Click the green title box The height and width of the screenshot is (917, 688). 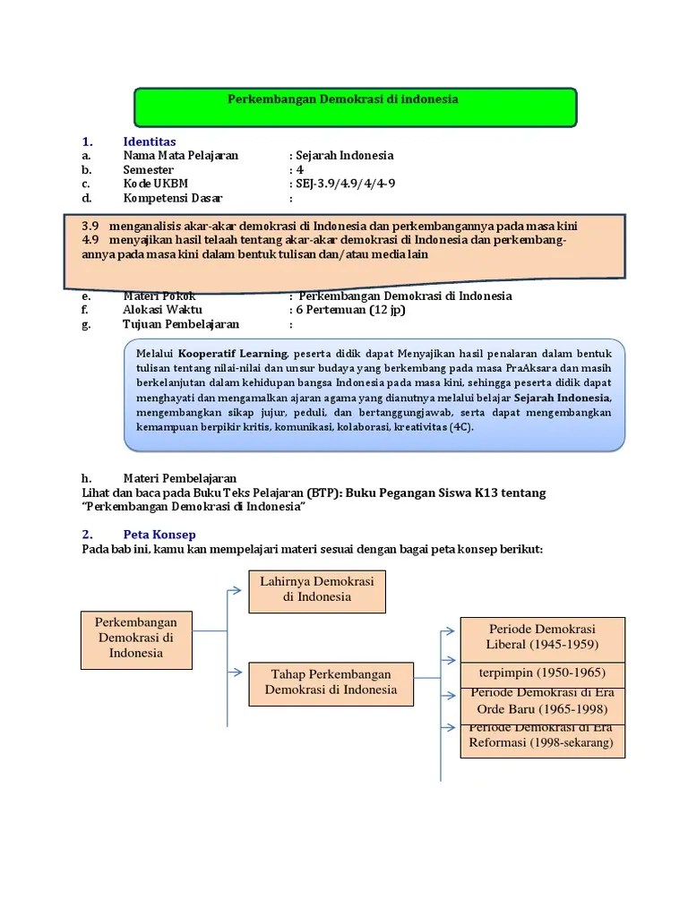355,107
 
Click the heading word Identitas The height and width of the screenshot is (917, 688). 150,141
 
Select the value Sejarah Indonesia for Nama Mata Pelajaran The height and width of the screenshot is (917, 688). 346,156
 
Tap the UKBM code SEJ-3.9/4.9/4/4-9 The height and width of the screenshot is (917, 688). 347,184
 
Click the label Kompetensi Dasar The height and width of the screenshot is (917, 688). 173,199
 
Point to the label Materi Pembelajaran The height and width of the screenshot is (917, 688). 180,478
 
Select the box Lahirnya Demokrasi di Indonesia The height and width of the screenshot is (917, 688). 316,590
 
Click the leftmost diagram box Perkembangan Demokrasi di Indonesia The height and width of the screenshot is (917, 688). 136,638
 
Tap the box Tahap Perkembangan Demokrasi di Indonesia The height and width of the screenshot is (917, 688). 331,683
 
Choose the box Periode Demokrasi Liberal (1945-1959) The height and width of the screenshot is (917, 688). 542,638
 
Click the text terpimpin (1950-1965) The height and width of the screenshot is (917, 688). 542,673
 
